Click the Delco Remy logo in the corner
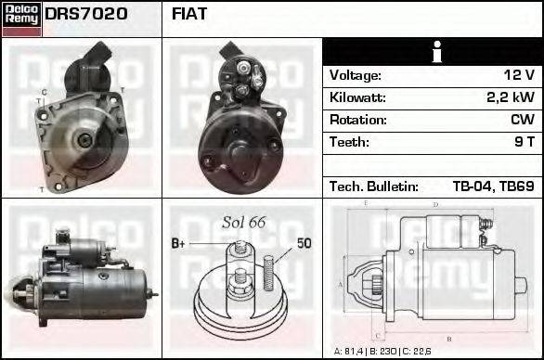coord(21,18)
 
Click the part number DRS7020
coord(86,14)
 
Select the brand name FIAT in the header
coord(189,14)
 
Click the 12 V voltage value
coord(518,75)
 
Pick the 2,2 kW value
coord(512,97)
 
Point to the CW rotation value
coord(522,120)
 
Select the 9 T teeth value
coord(524,142)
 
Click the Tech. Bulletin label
coord(373,186)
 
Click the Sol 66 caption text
coord(244,222)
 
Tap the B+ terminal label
coord(179,244)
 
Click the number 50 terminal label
coord(304,244)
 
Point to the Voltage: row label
coord(355,75)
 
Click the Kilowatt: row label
coord(358,97)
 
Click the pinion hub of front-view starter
coord(84,139)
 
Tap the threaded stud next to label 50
coord(268,268)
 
